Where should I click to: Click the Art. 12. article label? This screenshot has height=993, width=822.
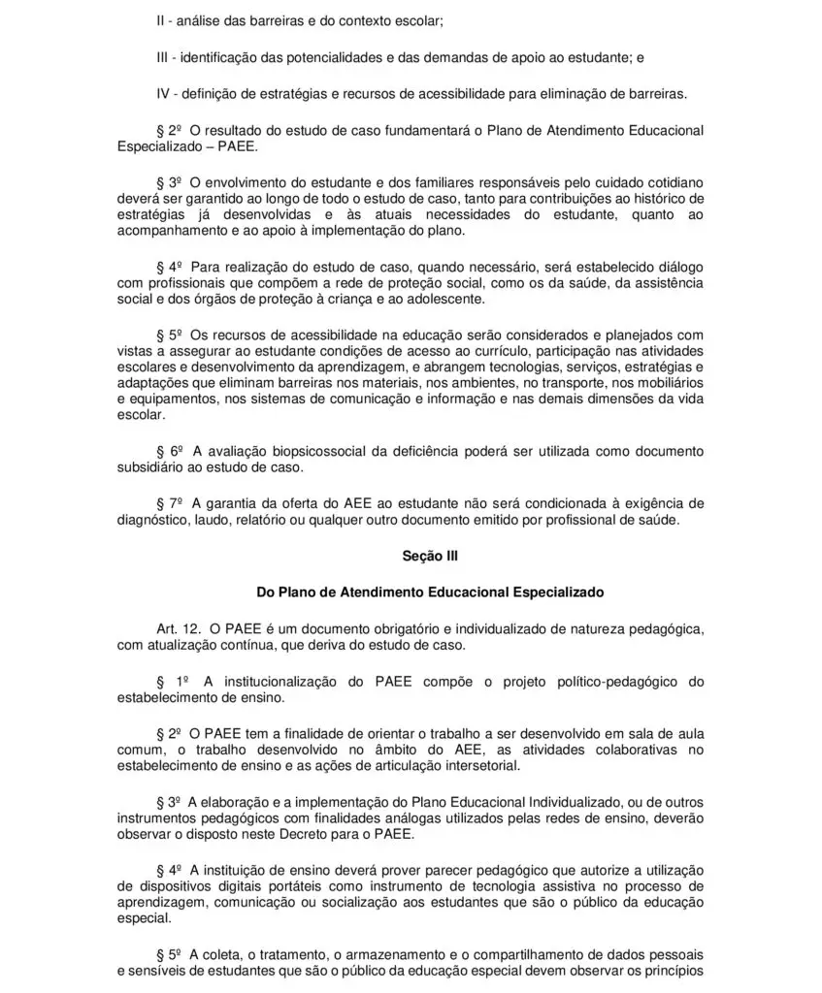[x=178, y=629]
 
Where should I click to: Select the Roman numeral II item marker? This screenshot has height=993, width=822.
[x=161, y=19]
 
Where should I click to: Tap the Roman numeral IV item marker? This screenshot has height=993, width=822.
[x=163, y=93]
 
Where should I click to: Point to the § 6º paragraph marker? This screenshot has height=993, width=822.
[x=170, y=451]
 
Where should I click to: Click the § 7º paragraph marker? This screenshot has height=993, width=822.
[x=170, y=503]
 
